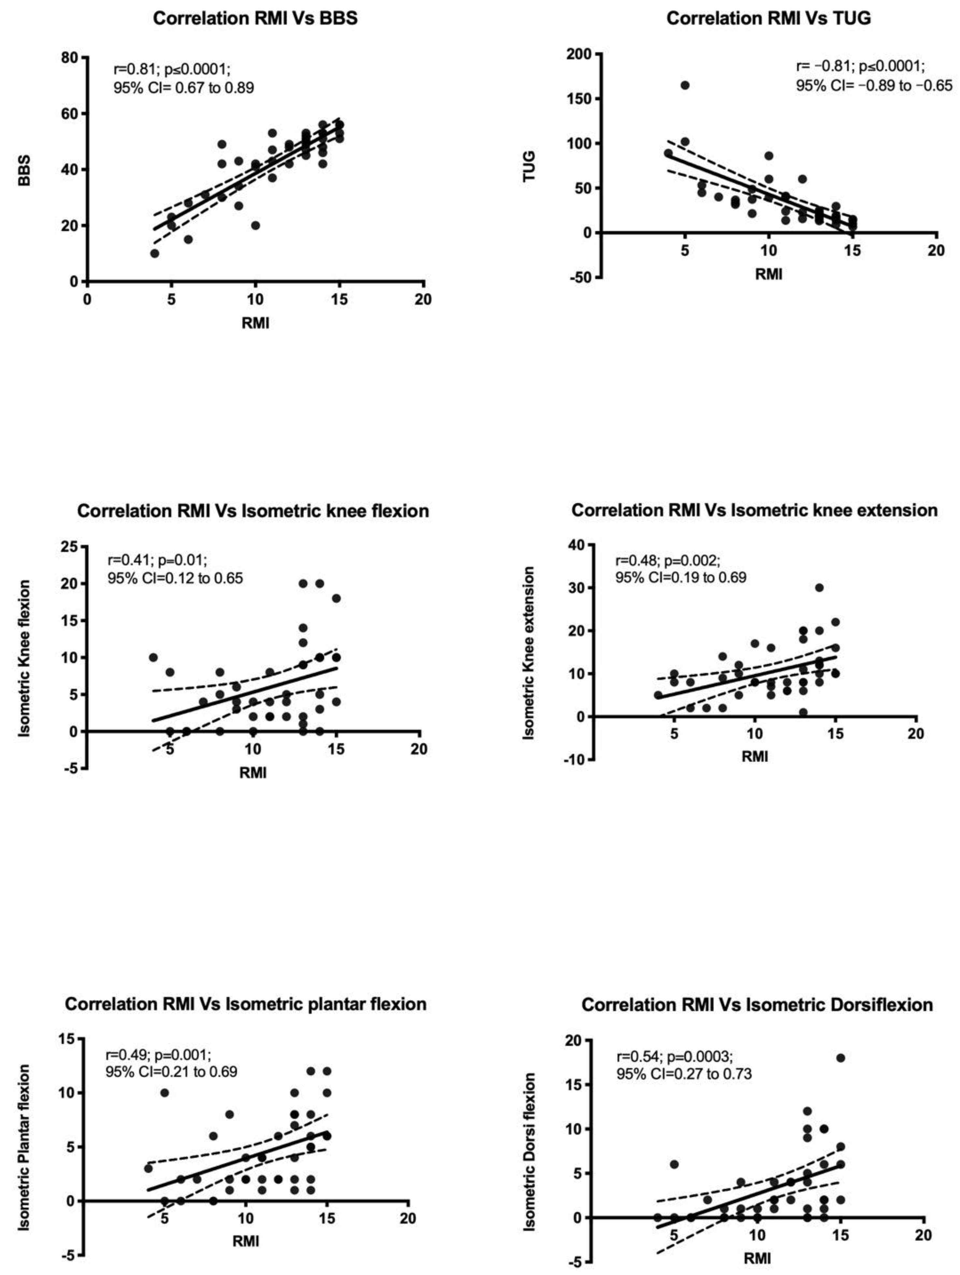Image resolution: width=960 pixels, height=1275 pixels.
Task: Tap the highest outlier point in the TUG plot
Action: [x=684, y=85]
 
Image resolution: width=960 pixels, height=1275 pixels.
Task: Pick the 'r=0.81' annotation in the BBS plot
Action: [x=134, y=70]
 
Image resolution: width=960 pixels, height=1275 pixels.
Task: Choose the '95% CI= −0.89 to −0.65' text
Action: [x=874, y=86]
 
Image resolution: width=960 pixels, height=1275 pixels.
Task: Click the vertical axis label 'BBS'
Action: [x=24, y=171]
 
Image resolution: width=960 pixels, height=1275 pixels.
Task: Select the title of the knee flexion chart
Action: [x=253, y=511]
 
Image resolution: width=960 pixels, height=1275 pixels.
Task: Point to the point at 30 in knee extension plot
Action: [x=819, y=588]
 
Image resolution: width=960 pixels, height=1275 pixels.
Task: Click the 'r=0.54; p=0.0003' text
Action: [x=674, y=1057]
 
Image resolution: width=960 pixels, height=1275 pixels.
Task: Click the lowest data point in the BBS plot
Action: [x=154, y=254]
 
